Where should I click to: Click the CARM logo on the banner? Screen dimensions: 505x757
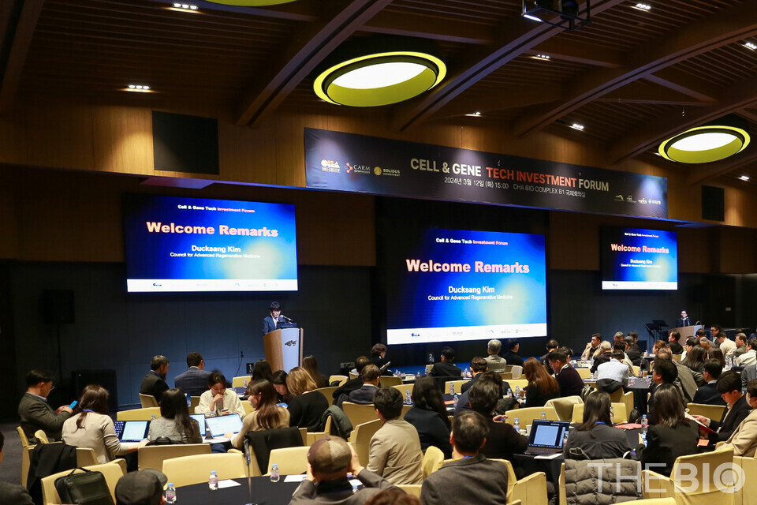pos(357,168)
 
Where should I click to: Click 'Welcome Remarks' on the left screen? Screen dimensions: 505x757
pos(211,230)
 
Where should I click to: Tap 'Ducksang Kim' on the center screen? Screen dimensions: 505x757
pos(471,290)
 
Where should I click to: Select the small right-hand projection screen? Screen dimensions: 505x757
pos(639,258)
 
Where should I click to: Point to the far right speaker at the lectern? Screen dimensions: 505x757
pos(684,319)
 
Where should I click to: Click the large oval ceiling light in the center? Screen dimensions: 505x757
pos(379,78)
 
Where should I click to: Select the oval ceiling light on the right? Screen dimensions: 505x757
pos(703,144)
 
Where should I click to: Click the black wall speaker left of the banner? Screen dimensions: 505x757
pos(185,142)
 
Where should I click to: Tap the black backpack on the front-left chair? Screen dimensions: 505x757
pos(83,486)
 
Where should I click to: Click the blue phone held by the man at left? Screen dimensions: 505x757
pos(73,405)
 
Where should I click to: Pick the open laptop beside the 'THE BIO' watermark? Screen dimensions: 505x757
pos(547,436)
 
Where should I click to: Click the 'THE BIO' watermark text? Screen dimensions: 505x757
pos(666,477)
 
